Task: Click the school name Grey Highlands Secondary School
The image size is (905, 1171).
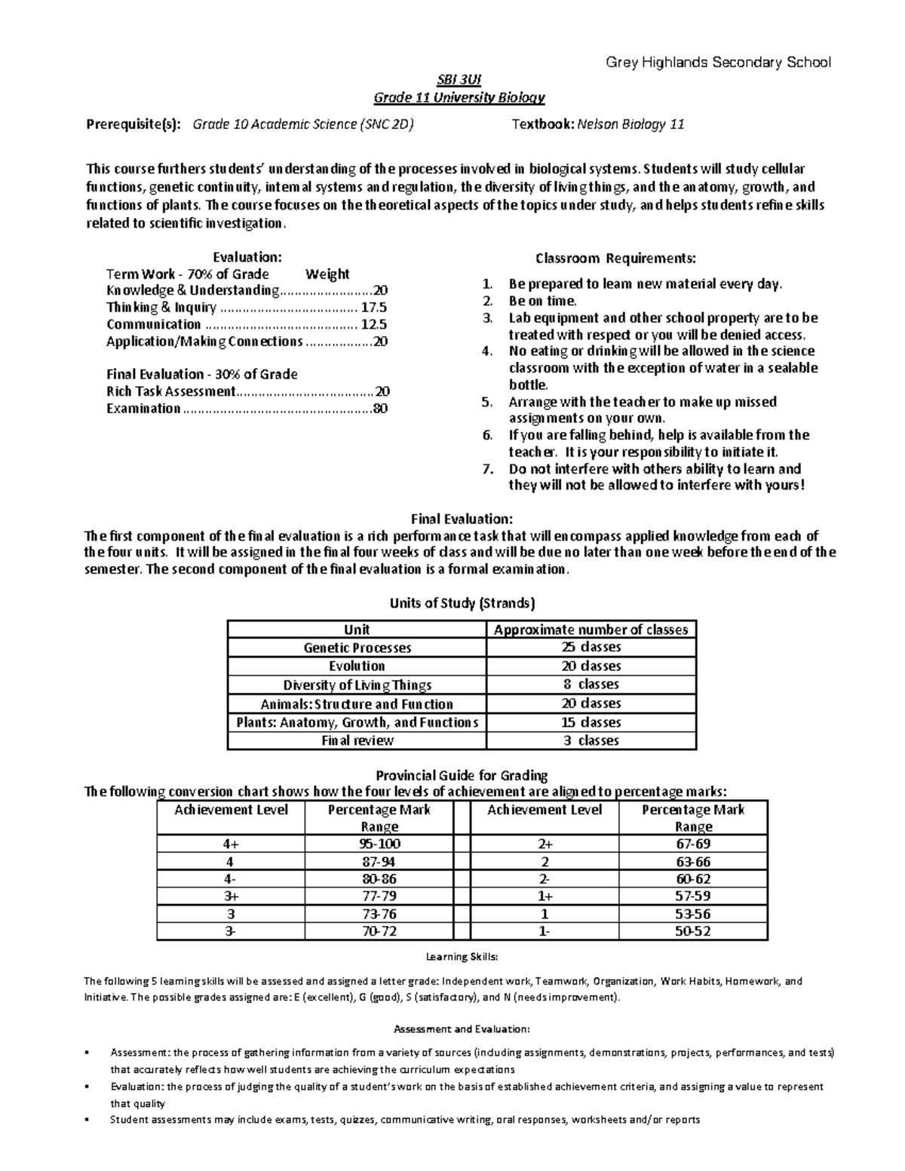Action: [x=718, y=63]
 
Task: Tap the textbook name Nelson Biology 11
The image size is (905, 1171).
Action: [x=630, y=124]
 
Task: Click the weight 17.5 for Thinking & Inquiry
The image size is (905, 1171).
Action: [x=373, y=308]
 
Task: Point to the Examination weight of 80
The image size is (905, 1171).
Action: [x=380, y=409]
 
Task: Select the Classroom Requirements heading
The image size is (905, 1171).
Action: [x=615, y=259]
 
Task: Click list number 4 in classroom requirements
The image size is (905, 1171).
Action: [x=486, y=351]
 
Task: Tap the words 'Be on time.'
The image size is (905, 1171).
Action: [x=542, y=301]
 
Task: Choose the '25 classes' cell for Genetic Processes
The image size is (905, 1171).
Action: [x=591, y=648]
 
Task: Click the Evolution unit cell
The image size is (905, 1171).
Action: [x=357, y=667]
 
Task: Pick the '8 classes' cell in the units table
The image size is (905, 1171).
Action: [x=591, y=685]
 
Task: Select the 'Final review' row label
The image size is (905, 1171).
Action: [x=357, y=740]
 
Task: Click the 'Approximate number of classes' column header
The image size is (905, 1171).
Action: [x=591, y=630]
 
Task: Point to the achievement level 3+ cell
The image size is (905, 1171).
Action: [x=231, y=897]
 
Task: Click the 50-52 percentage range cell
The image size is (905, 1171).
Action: [x=692, y=931]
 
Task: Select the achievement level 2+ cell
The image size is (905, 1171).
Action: [x=545, y=844]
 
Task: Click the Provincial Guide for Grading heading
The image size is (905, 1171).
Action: [x=462, y=775]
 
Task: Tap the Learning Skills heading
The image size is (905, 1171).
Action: [x=462, y=957]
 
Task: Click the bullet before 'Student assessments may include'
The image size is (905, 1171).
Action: [x=89, y=1120]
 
